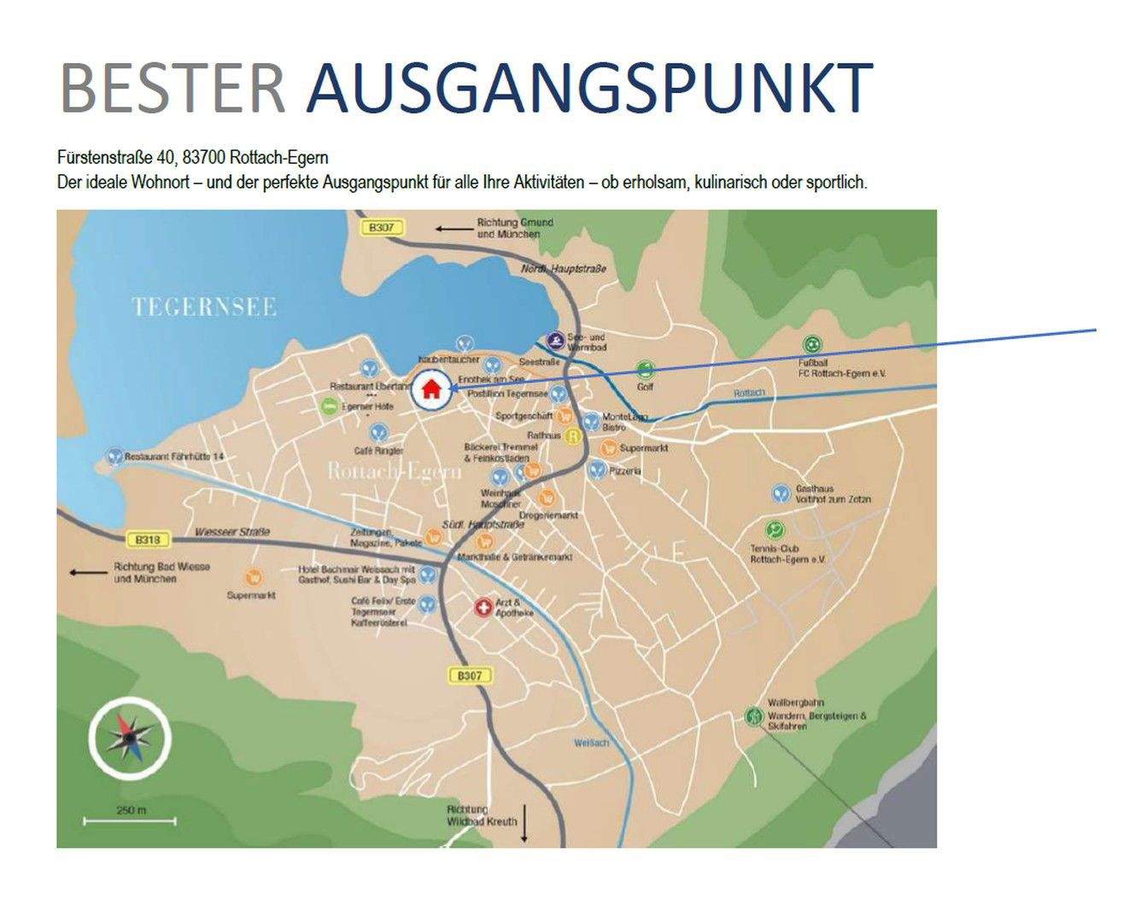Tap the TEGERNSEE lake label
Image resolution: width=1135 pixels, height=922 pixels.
point(204,307)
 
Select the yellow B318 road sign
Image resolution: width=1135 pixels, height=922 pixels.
point(148,540)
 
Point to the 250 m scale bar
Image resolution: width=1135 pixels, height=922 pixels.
point(130,820)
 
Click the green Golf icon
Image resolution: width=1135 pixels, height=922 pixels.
point(646,371)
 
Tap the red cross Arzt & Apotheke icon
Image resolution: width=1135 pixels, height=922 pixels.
point(483,608)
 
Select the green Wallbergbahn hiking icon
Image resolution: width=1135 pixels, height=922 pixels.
point(753,715)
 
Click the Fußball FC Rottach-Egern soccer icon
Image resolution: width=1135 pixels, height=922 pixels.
point(812,345)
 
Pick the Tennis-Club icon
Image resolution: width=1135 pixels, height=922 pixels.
point(775,529)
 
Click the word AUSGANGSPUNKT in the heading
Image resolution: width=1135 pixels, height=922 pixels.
point(589,88)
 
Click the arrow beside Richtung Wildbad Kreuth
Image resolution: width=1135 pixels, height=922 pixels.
point(525,823)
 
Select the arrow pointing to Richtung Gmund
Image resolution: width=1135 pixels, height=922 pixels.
point(453,229)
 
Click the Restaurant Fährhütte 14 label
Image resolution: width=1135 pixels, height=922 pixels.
point(173,457)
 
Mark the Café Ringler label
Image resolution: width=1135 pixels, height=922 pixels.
point(378,450)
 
